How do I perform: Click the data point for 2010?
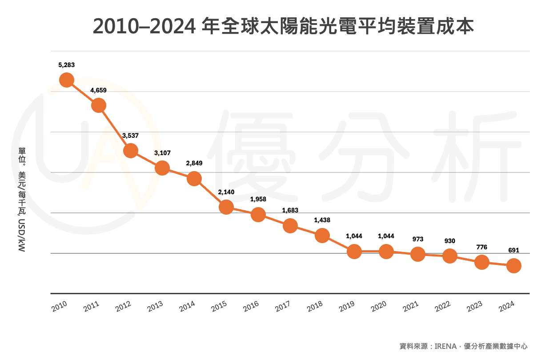point(66,80)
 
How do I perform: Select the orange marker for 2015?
point(226,207)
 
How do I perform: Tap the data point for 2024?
point(514,266)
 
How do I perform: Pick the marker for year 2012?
point(130,151)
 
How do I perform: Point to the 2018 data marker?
point(322,236)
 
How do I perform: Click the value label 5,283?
point(66,65)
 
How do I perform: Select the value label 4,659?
point(98,90)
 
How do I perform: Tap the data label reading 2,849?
point(194,163)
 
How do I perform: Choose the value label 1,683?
point(290,210)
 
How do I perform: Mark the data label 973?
point(418,239)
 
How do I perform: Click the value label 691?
point(514,250)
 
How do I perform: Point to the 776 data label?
point(482,247)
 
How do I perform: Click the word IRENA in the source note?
point(445,346)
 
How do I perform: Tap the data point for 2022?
point(450,256)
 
